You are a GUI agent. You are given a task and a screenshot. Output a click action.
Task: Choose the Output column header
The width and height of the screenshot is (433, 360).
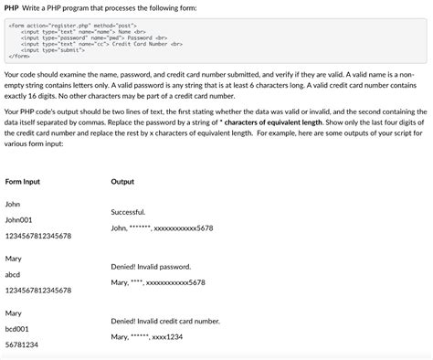coord(122,182)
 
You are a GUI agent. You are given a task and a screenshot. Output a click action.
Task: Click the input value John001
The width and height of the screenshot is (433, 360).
coord(19,220)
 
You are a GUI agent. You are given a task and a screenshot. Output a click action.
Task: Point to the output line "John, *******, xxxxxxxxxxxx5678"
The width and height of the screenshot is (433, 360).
coord(162,228)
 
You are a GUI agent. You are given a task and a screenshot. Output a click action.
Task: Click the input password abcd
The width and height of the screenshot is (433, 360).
coord(13,274)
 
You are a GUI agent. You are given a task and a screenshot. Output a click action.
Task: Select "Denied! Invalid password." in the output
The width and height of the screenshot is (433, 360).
coord(151,266)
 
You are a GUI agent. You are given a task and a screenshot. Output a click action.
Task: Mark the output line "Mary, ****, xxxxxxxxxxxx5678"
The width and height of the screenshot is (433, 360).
coord(158,282)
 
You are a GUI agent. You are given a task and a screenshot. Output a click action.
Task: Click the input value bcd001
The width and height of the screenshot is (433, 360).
coord(17,328)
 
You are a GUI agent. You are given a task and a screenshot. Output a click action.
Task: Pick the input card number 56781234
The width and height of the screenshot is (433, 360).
coord(22,344)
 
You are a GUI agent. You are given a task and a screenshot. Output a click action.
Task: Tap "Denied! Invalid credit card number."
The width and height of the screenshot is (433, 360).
coord(165,321)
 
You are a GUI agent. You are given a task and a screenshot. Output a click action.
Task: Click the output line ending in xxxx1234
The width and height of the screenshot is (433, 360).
coord(147,337)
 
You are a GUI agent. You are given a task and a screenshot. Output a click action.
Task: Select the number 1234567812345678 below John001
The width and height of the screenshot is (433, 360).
coord(38,236)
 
